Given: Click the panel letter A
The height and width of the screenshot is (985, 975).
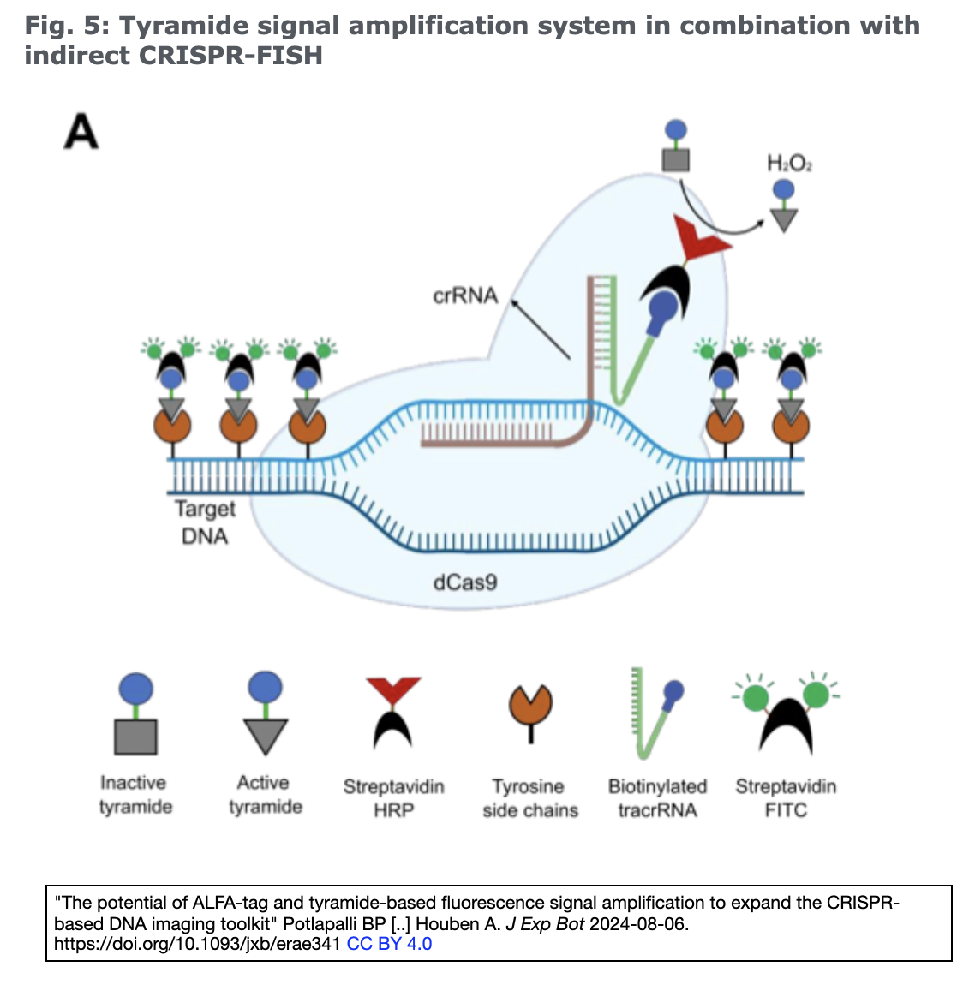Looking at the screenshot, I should pyautogui.click(x=81, y=133).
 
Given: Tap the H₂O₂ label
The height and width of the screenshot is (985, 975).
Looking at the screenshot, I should pyautogui.click(x=789, y=163).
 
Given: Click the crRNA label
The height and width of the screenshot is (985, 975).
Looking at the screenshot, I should pyautogui.click(x=465, y=295).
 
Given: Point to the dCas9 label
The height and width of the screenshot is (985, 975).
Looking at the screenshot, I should pyautogui.click(x=465, y=582).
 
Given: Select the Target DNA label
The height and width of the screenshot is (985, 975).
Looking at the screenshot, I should pyautogui.click(x=205, y=522).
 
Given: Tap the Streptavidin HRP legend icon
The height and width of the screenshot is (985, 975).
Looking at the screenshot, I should pyautogui.click(x=393, y=711).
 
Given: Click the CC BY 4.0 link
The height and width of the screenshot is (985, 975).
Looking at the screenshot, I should pyautogui.click(x=389, y=944).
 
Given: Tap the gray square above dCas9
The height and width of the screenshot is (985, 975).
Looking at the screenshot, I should pyautogui.click(x=676, y=158).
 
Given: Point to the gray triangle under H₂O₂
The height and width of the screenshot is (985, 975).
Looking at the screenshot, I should pyautogui.click(x=783, y=219).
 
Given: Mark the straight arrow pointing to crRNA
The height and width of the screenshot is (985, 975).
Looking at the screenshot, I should pyautogui.click(x=541, y=329).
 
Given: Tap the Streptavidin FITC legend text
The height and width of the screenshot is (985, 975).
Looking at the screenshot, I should pyautogui.click(x=786, y=798).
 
